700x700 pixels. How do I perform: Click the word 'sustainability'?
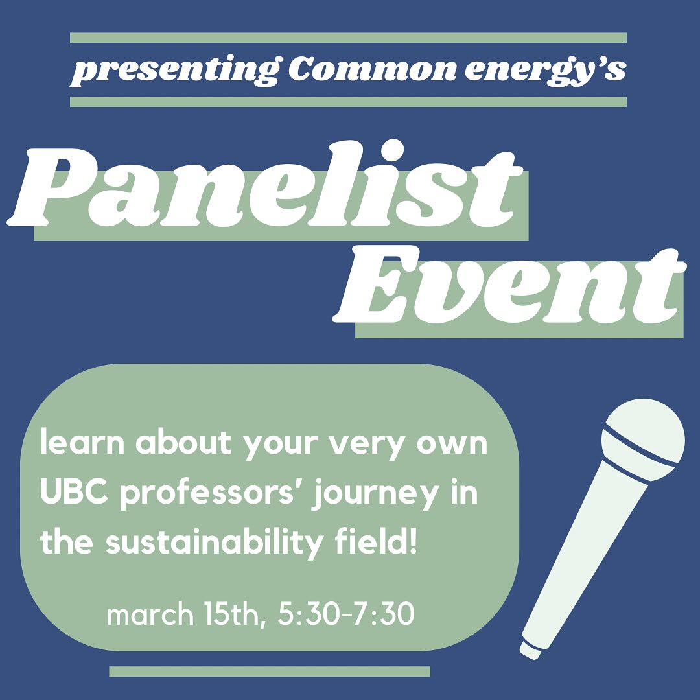point(214,543)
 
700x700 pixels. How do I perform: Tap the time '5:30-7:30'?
point(345,614)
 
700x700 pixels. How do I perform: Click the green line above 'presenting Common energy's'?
point(348,38)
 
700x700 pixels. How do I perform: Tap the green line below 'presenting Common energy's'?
point(348,102)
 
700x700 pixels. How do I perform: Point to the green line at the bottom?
point(270,671)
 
